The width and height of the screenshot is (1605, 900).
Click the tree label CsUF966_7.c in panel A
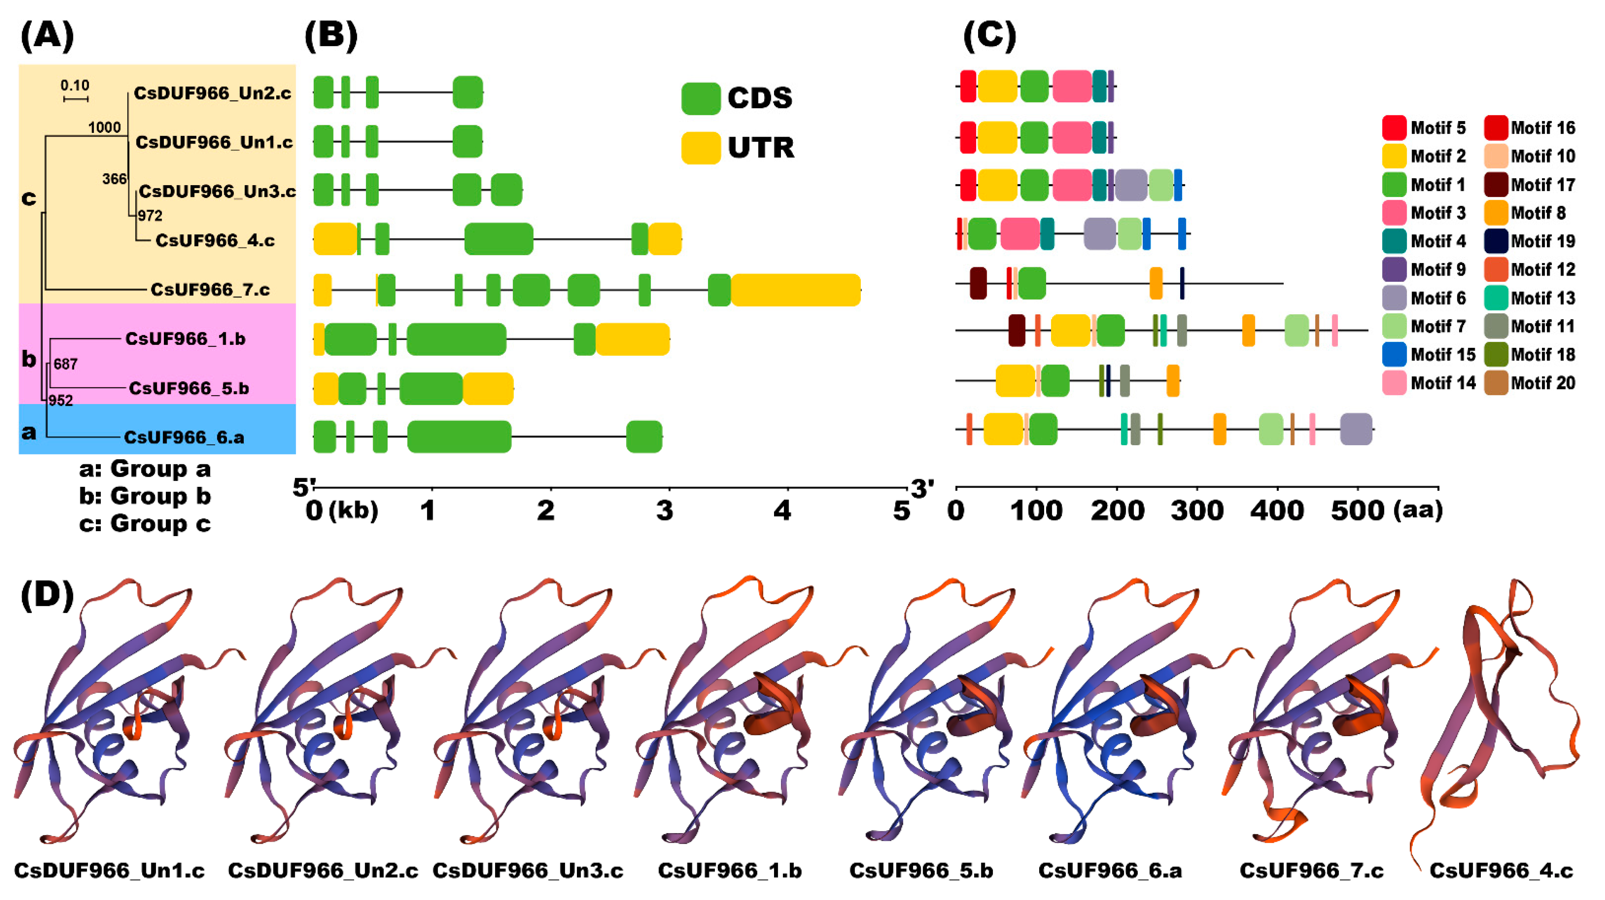pos(210,289)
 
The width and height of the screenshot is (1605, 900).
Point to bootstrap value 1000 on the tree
pos(104,128)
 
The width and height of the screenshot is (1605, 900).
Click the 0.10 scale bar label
pos(75,85)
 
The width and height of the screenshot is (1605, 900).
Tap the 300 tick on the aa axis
pos(1197,511)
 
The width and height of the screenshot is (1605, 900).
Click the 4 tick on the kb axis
pos(782,511)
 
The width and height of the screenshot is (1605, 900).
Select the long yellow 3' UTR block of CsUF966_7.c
pos(796,290)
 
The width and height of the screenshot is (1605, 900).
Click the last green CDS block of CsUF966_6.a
pos(644,436)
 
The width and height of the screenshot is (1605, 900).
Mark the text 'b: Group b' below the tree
pos(144,496)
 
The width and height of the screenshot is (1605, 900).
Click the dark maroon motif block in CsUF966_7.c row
pos(978,283)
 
